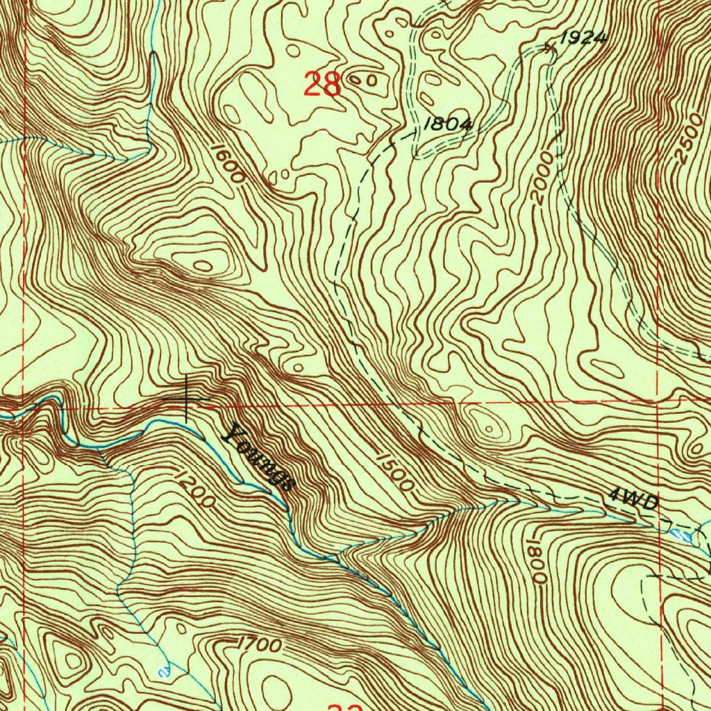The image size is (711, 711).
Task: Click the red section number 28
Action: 323,85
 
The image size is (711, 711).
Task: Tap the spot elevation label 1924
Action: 583,39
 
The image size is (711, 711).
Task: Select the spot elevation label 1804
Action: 448,124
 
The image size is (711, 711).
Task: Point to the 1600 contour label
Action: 228,164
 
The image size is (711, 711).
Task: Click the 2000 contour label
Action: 545,180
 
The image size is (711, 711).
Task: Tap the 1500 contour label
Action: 395,471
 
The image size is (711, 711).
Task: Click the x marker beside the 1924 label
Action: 550,48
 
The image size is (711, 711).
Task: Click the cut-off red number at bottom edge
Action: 344,707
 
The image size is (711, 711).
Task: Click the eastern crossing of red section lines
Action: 659,401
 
